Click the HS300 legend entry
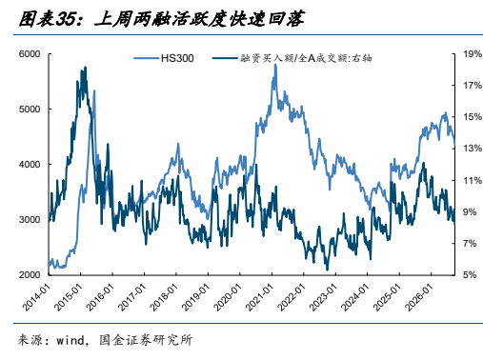click(x=164, y=58)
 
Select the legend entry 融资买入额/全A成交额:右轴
click(x=292, y=58)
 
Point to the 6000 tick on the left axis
click(x=30, y=54)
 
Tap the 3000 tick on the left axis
click(x=30, y=220)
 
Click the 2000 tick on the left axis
click(x=30, y=275)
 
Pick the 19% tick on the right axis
click(x=473, y=54)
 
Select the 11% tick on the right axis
click(x=473, y=180)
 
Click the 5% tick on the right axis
click(x=470, y=275)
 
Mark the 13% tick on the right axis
click(x=473, y=149)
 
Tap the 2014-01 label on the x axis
click(x=36, y=297)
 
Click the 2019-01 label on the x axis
click(x=196, y=297)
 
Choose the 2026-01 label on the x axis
click(x=419, y=297)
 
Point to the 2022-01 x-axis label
click(x=292, y=297)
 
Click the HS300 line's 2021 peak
click(x=275, y=65)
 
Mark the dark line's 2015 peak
click(x=85, y=67)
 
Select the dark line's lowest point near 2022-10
click(x=327, y=270)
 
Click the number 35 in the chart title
click(x=66, y=19)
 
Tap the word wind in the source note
click(x=70, y=340)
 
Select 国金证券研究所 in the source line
click(x=146, y=340)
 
